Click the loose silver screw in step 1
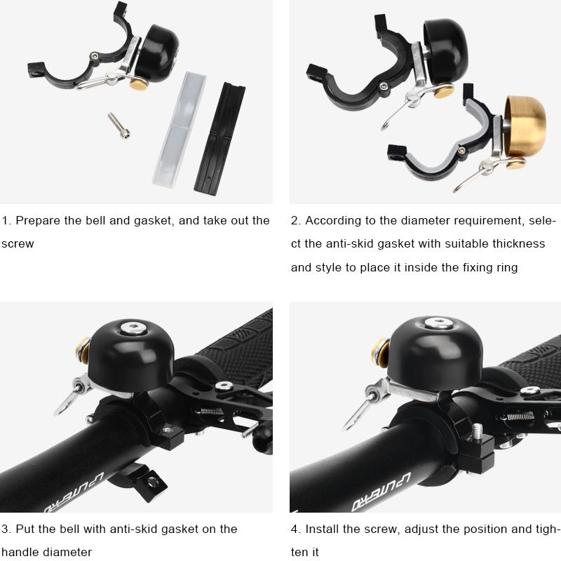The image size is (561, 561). pyautogui.click(x=119, y=126)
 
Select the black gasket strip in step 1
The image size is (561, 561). pyautogui.click(x=219, y=139)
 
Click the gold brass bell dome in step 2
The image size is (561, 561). pyautogui.click(x=525, y=126)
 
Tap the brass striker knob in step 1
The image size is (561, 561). pyautogui.click(x=139, y=84)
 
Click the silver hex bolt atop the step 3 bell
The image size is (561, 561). pyautogui.click(x=134, y=327)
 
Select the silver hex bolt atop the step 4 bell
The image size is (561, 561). pyautogui.click(x=440, y=323)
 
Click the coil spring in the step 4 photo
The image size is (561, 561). pyautogui.click(x=520, y=416)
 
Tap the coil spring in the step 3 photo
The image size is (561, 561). pyautogui.click(x=212, y=411)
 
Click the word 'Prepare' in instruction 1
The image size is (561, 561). pyautogui.click(x=38, y=221)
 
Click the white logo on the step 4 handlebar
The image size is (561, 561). pyautogui.click(x=381, y=492)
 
